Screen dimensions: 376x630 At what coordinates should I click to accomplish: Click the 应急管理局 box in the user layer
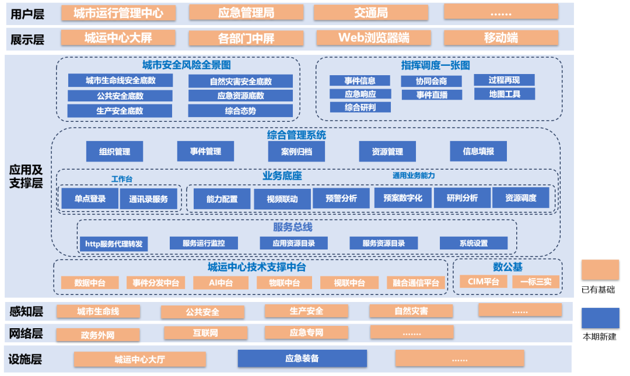246,12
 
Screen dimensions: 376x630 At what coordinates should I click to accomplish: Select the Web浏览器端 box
374,38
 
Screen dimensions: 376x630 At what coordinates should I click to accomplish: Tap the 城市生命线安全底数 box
120,80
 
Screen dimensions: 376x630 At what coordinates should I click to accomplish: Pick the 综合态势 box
240,110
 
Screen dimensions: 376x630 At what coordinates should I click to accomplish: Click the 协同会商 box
431,81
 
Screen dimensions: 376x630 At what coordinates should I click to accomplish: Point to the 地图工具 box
504,93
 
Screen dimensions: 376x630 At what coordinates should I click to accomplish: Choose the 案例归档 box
296,152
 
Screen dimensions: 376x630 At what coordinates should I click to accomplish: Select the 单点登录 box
90,199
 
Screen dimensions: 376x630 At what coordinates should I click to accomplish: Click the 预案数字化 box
402,198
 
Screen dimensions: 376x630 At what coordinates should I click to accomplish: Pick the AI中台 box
221,283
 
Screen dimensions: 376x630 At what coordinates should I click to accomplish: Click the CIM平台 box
484,282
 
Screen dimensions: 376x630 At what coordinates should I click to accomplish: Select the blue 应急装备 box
302,359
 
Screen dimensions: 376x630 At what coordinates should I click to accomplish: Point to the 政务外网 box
98,335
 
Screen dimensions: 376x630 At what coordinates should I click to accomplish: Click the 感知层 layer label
27,311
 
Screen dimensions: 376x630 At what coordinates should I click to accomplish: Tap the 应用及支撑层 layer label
26,177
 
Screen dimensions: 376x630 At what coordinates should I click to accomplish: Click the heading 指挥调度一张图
435,65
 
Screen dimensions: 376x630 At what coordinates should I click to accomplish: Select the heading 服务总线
293,227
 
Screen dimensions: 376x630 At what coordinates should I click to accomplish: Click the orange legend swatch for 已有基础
600,270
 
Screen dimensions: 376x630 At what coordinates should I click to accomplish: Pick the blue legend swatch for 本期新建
600,318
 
